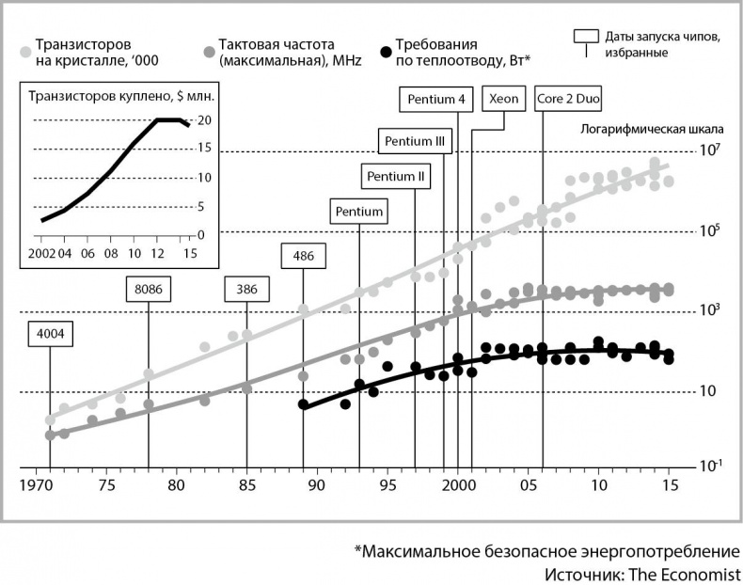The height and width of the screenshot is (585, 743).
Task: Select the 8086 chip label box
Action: [149, 289]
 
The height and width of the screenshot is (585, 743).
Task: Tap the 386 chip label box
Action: [246, 289]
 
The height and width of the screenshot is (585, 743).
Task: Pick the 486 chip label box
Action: [303, 255]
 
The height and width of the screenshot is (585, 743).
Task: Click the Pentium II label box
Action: [396, 176]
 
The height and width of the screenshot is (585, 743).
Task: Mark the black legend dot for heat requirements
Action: [382, 52]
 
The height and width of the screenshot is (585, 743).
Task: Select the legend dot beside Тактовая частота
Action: [208, 52]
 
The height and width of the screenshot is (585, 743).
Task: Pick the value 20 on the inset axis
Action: [203, 120]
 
